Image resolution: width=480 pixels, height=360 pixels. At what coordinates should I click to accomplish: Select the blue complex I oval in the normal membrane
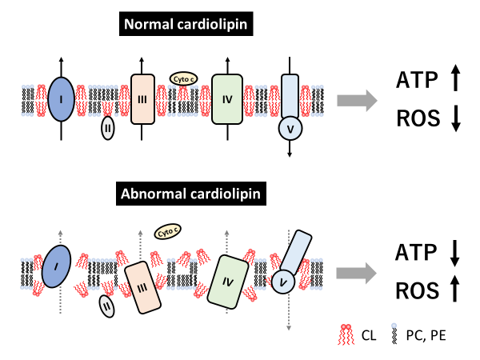point(61,100)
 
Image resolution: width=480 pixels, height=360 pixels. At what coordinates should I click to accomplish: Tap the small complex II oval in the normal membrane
point(107,127)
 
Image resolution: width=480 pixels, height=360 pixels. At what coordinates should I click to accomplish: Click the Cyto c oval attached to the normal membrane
point(182,78)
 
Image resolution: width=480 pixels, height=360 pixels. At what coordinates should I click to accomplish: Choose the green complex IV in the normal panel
point(226,100)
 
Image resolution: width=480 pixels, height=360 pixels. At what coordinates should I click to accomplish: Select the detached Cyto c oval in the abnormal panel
point(166,233)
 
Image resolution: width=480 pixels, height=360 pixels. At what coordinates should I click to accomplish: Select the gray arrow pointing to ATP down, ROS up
point(356,272)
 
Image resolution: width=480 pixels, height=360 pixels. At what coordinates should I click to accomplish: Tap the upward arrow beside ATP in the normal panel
point(455,79)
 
